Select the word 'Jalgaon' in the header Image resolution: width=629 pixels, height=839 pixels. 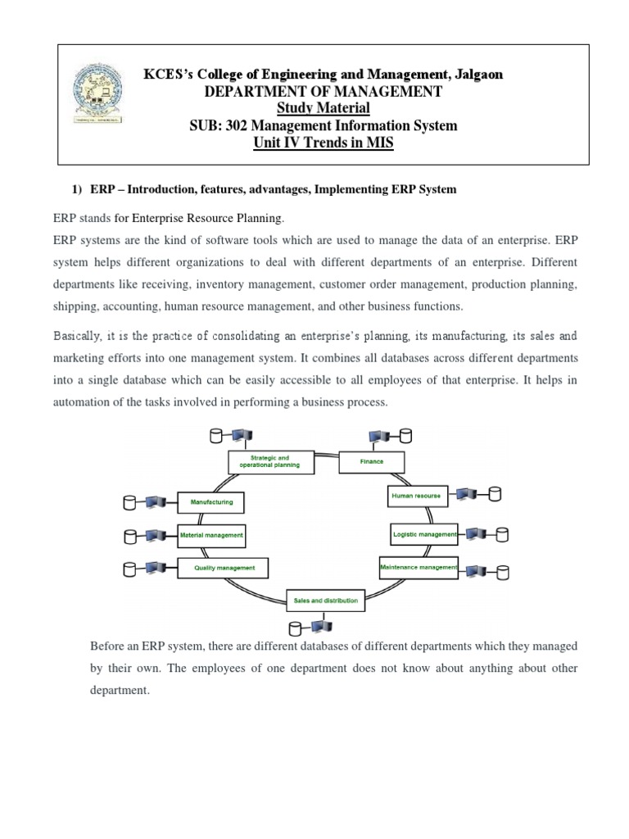click(x=475, y=74)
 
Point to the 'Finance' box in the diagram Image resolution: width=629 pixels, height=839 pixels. click(x=371, y=461)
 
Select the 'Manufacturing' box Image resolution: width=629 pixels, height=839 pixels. click(x=211, y=501)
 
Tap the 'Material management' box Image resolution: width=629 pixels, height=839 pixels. click(x=211, y=535)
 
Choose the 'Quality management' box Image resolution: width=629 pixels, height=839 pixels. click(x=224, y=567)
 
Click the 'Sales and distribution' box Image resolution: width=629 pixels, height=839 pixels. click(x=325, y=601)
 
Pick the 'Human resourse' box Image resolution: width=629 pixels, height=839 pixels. click(x=418, y=496)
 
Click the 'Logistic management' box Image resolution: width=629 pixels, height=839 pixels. click(x=424, y=534)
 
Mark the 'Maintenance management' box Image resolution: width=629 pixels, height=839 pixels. click(x=418, y=566)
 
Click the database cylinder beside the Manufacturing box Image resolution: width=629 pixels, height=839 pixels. click(x=130, y=501)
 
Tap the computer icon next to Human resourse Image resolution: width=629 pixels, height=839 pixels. click(x=468, y=494)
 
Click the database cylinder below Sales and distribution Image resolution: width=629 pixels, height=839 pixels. click(x=296, y=629)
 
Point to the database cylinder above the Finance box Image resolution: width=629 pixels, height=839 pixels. click(x=405, y=436)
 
